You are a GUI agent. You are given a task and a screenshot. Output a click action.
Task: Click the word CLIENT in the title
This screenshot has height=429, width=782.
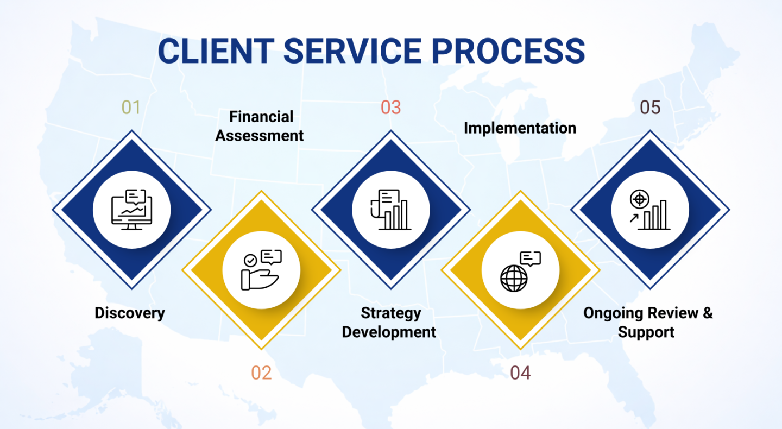point(216,51)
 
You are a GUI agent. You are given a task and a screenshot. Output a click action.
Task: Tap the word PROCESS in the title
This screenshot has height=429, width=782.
point(508,51)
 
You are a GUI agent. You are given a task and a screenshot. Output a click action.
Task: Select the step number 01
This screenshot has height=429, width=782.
point(131,108)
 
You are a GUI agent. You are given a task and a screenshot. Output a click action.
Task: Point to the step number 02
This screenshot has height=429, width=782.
point(261,373)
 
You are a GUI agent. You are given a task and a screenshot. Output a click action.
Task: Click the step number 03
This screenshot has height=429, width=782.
point(390,108)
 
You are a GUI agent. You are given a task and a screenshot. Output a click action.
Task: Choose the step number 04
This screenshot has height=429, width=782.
point(520,373)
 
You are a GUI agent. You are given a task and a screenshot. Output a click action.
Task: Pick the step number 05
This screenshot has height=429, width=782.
point(650,108)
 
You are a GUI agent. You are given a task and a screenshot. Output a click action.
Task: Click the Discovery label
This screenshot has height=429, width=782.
point(129,313)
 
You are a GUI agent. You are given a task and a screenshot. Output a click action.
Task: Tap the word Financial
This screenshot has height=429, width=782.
point(261,117)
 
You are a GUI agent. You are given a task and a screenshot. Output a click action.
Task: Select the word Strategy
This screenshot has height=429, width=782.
point(390,313)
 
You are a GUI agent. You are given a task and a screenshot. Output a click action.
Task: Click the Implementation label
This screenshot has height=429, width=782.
point(520,128)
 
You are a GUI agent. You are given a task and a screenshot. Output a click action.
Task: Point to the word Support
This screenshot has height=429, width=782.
point(646,332)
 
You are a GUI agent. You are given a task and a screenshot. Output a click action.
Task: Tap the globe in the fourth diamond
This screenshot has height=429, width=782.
point(514,278)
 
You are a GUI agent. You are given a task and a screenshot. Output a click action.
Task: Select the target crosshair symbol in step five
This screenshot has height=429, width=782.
point(640,199)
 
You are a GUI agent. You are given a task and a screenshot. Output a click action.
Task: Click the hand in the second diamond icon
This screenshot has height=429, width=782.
point(260,279)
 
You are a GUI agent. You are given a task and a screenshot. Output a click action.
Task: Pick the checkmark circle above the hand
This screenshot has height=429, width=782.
point(250,261)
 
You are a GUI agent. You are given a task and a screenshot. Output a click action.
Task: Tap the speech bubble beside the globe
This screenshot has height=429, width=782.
point(531,258)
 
